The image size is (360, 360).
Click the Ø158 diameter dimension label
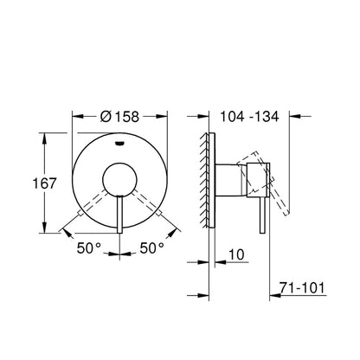119,117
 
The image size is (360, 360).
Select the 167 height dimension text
44,183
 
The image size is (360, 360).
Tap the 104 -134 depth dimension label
249,117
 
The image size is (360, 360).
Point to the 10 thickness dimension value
236,254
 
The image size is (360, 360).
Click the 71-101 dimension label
302,287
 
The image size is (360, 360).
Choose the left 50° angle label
89,248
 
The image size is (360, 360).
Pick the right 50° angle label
152,248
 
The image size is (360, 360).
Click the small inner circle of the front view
119,179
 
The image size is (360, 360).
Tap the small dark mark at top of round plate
119,143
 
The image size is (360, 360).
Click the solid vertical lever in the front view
120,215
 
